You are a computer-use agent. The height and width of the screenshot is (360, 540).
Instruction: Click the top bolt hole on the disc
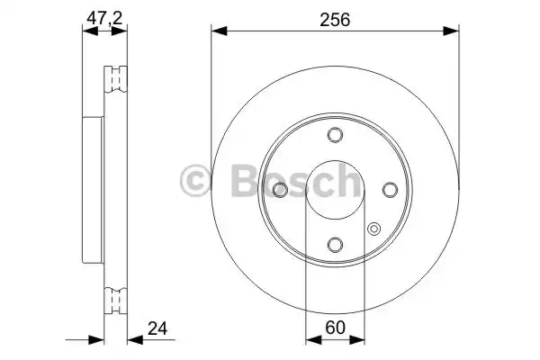pos(335,136)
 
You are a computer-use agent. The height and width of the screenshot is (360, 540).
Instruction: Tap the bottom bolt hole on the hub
pos(335,244)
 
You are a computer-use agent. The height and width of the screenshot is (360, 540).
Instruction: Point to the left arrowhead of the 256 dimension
pos(217,31)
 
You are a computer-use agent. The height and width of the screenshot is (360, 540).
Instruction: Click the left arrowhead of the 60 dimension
pos(311,340)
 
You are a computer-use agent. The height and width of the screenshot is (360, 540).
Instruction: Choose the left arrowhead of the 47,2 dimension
pos(86,31)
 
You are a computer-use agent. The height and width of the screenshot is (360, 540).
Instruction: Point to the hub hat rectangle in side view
pos(93,189)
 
